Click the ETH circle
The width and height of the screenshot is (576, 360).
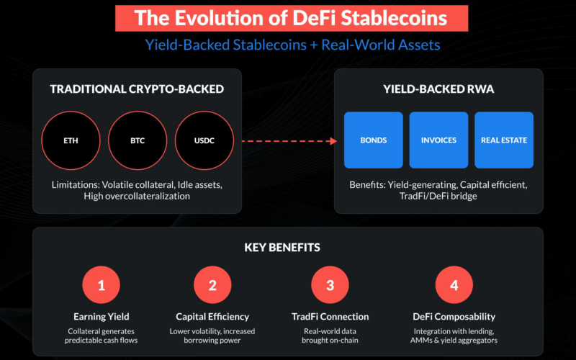click(71, 140)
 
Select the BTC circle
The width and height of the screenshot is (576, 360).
click(138, 140)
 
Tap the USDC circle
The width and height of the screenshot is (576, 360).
click(204, 140)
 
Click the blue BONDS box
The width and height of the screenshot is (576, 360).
click(374, 140)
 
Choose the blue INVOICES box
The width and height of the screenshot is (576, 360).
click(438, 140)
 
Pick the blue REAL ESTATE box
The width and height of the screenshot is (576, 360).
click(504, 140)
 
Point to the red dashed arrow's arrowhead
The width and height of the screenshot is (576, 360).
click(333, 141)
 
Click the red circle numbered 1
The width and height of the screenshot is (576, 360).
click(102, 284)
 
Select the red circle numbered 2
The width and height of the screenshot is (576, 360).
click(212, 284)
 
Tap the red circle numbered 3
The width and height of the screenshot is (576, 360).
click(330, 284)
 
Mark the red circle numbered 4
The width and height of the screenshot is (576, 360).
click(454, 284)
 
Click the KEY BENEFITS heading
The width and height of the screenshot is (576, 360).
click(282, 247)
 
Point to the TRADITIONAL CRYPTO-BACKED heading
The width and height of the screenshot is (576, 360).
click(137, 89)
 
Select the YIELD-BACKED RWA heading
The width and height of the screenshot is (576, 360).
click(438, 89)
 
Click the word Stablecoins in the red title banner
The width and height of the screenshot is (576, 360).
click(394, 18)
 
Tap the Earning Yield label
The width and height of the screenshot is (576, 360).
click(102, 317)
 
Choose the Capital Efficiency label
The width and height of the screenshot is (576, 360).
click(212, 317)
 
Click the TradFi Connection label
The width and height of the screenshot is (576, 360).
click(330, 317)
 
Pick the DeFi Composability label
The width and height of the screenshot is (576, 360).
click(454, 317)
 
